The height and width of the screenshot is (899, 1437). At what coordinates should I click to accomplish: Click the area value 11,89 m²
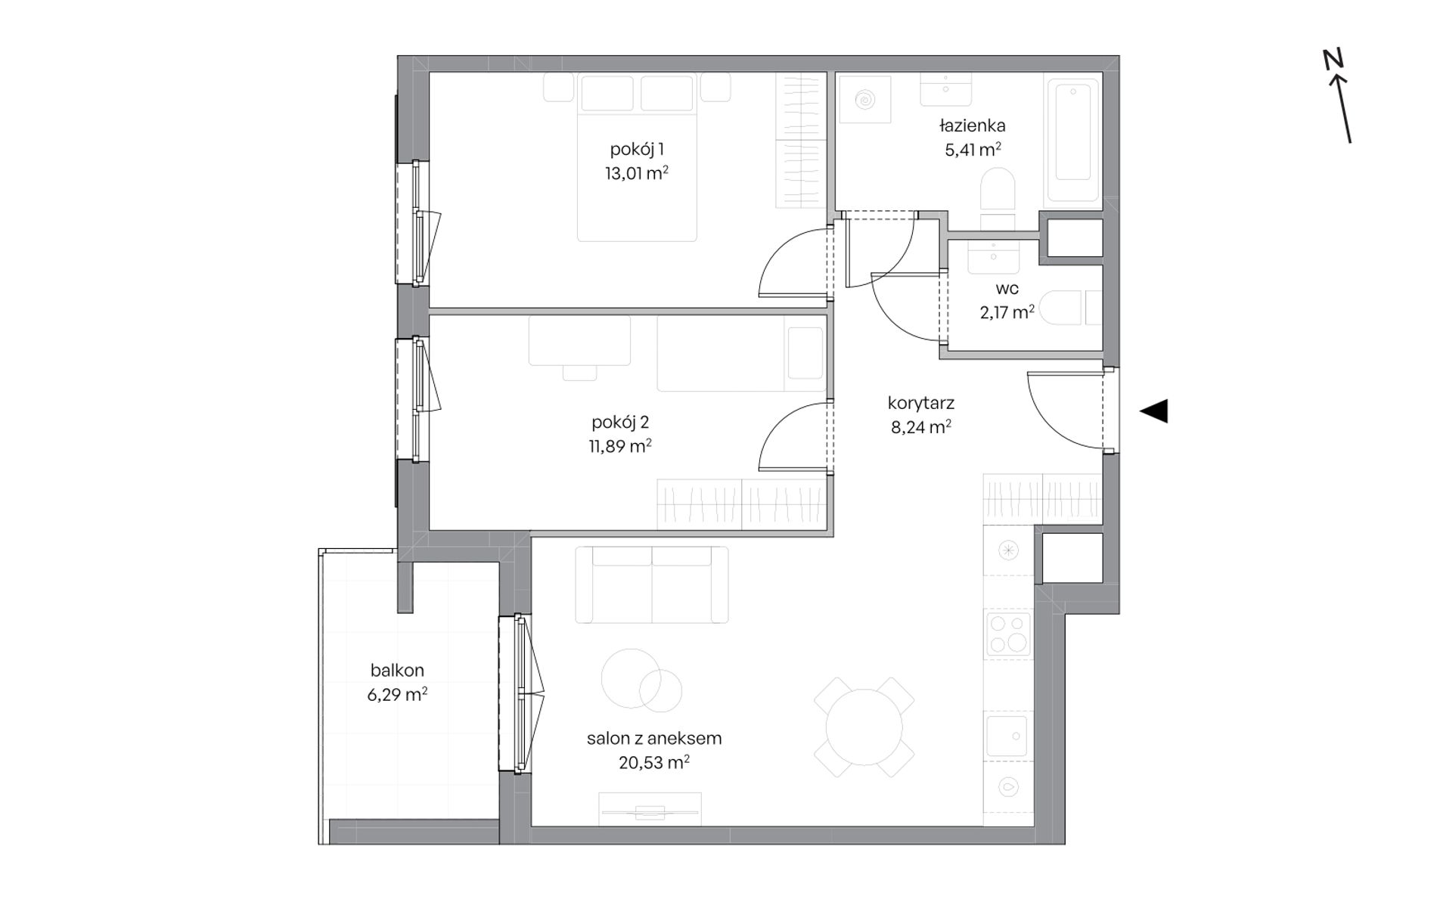point(620,446)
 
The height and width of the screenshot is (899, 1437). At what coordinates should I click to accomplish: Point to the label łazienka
point(972,126)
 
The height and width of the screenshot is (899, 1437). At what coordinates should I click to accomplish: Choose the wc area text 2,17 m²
point(1007,312)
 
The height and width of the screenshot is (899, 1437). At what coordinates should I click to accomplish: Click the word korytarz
point(921,403)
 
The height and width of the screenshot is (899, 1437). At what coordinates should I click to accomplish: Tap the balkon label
point(397,670)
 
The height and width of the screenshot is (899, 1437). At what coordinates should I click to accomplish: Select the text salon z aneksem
point(654,738)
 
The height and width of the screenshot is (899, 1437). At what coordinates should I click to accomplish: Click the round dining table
point(864,727)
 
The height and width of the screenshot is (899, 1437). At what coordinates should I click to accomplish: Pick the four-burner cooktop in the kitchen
point(1009,634)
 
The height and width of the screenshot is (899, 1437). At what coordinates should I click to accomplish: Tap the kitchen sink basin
point(1007,736)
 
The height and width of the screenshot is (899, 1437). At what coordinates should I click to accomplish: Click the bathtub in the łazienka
point(1072,141)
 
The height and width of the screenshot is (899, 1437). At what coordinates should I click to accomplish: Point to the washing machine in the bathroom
point(863,99)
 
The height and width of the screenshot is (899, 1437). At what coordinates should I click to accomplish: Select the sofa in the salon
point(652,584)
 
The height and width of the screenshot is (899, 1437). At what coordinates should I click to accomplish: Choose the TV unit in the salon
point(650,809)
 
